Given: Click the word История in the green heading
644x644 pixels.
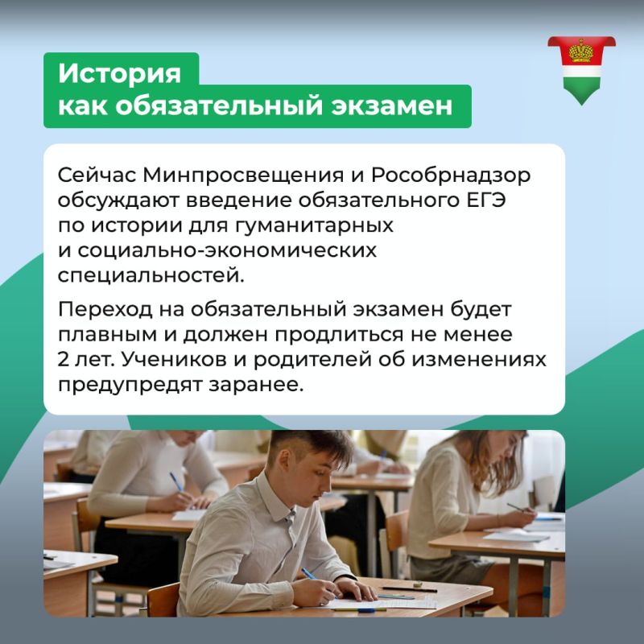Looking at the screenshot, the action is pos(119,73).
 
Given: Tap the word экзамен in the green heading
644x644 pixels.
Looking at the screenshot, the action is pos(392,106).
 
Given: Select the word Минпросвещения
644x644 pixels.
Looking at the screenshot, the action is pos(243,175).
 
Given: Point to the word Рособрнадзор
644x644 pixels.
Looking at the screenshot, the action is pos(451,176).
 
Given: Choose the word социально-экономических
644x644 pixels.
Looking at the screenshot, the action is pos(227,250).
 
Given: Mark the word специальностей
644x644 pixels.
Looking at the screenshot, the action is pos(151,276).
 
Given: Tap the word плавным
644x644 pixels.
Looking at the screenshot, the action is pos(107,335).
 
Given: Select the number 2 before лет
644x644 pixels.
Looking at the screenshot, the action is pos(64,360).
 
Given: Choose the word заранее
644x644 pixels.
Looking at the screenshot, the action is pos(256,385).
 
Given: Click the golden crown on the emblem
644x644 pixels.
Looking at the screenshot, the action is pos(581,52).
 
